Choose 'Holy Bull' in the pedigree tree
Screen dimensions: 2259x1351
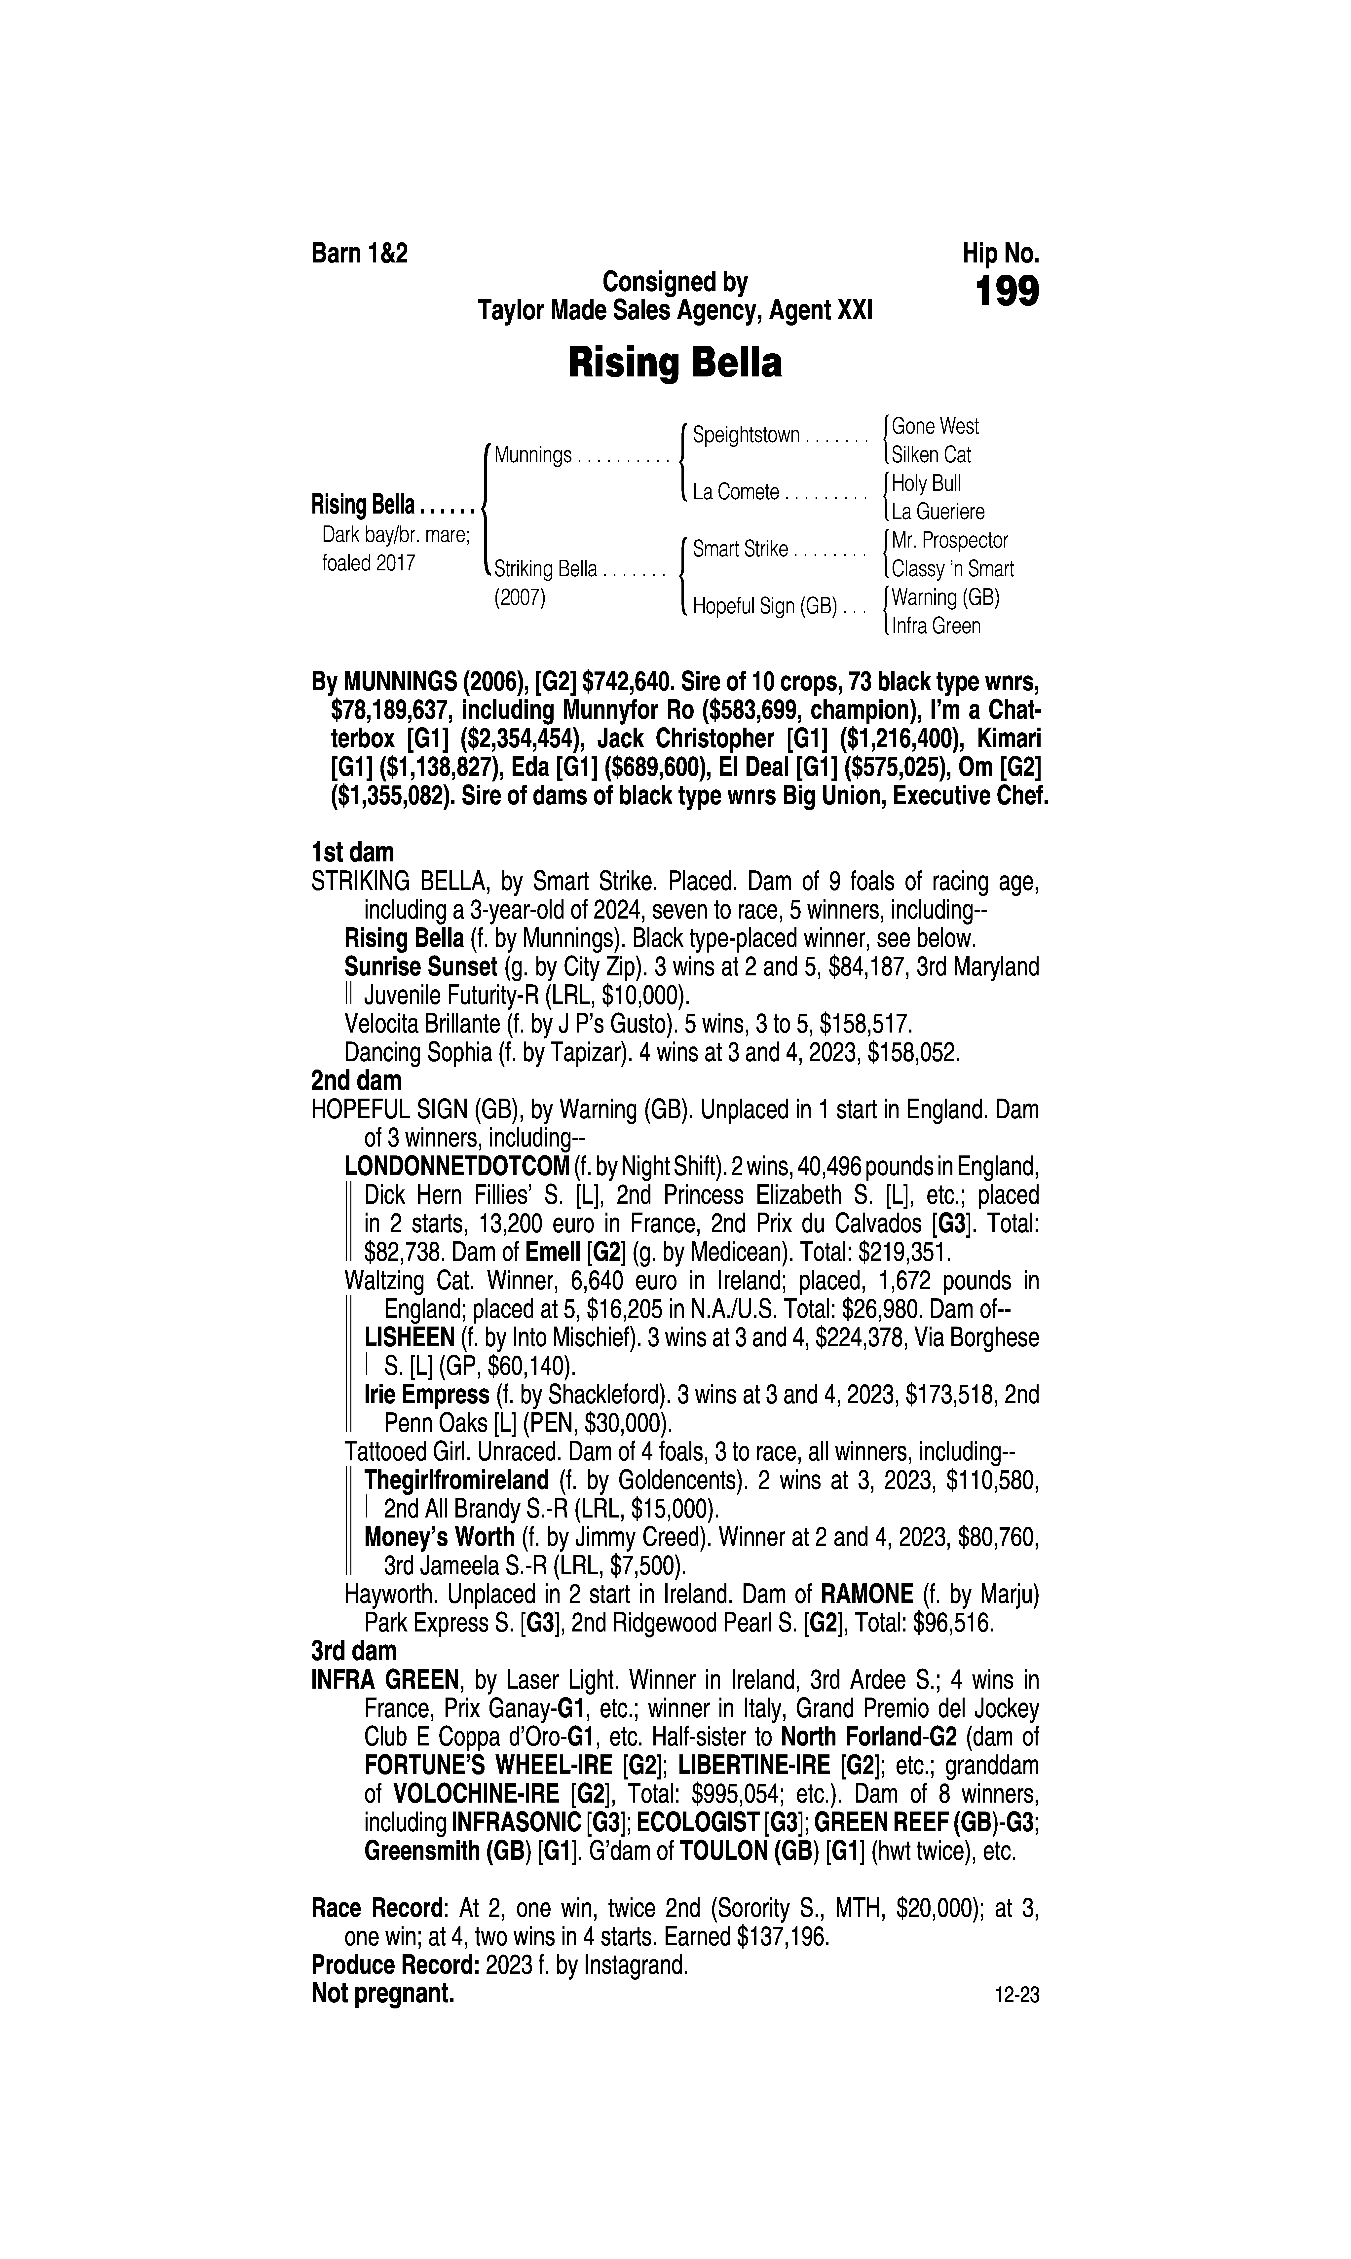pos(926,483)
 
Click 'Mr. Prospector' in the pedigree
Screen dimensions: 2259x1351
pos(949,541)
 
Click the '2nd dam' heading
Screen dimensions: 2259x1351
pos(356,1080)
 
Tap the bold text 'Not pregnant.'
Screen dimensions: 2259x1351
pos(382,1993)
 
